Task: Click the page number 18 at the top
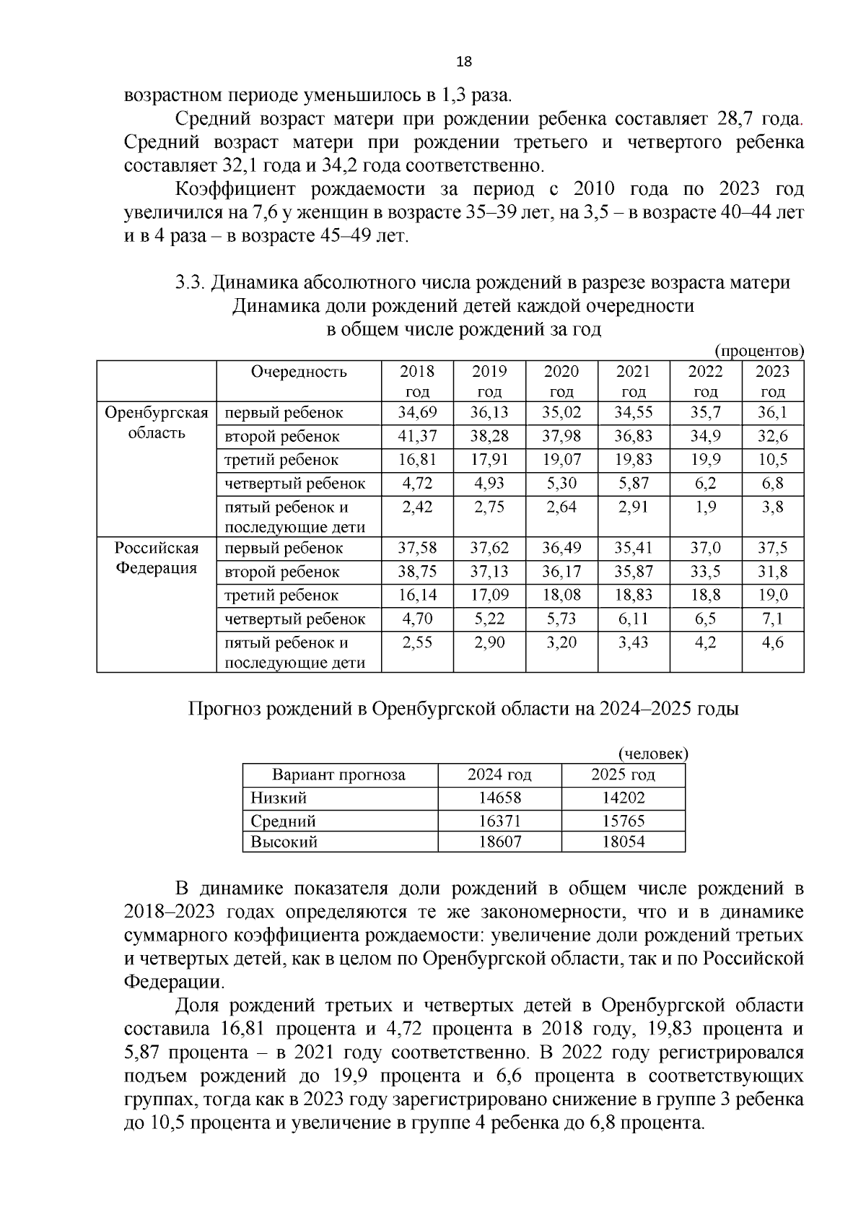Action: [464, 62]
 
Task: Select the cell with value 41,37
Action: [417, 436]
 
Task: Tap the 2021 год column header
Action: [633, 381]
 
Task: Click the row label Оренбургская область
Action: [157, 423]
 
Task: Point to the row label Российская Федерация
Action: [157, 558]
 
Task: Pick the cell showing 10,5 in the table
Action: [772, 460]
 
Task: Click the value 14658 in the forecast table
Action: [499, 798]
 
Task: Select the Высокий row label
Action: [284, 842]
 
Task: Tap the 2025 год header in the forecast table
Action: [623, 775]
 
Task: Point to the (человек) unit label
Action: [653, 754]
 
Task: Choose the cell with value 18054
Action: [623, 842]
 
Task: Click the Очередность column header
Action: [299, 372]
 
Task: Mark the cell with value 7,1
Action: [772, 619]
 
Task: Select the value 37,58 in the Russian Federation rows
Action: [417, 548]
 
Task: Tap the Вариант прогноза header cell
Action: [338, 775]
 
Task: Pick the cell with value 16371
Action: [499, 821]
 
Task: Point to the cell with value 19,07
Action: [561, 460]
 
